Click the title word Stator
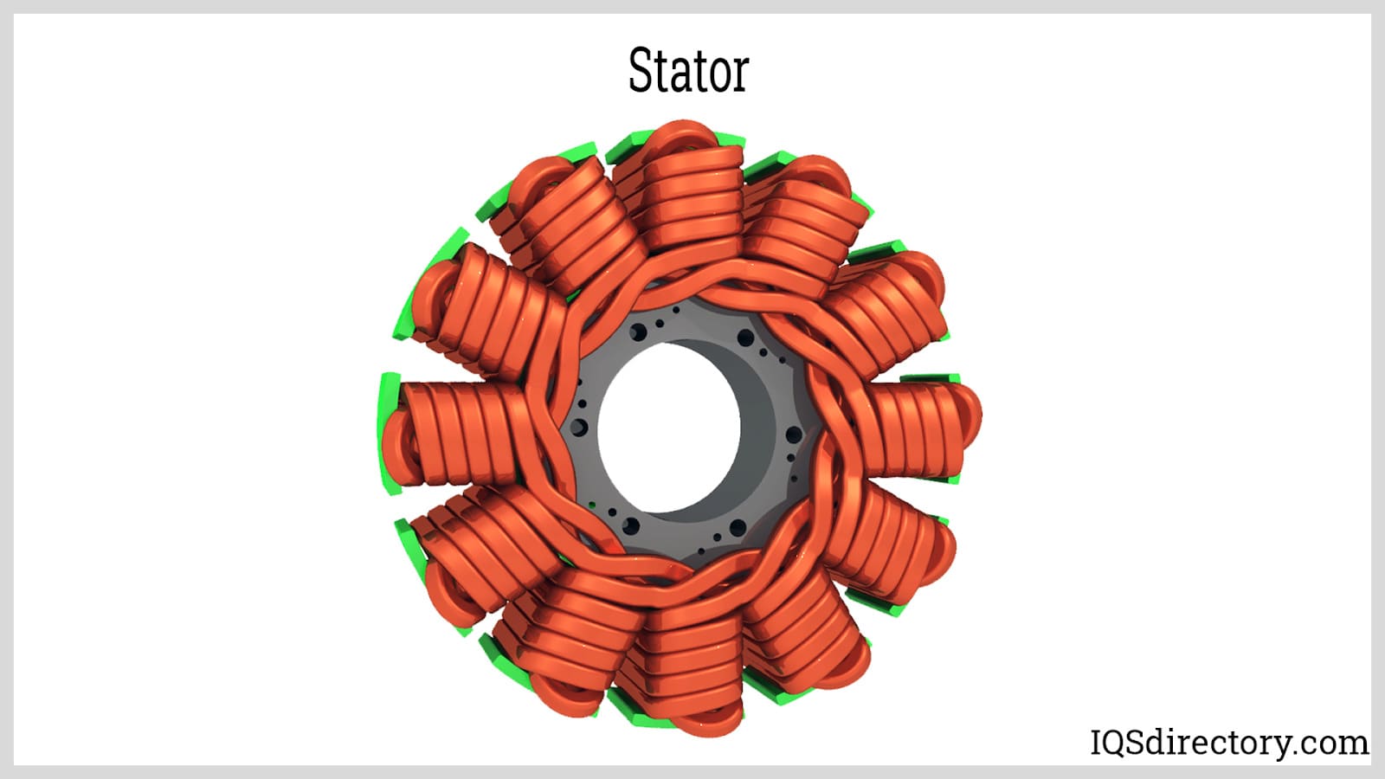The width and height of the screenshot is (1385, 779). click(688, 70)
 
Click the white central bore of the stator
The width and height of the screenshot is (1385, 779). click(669, 428)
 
